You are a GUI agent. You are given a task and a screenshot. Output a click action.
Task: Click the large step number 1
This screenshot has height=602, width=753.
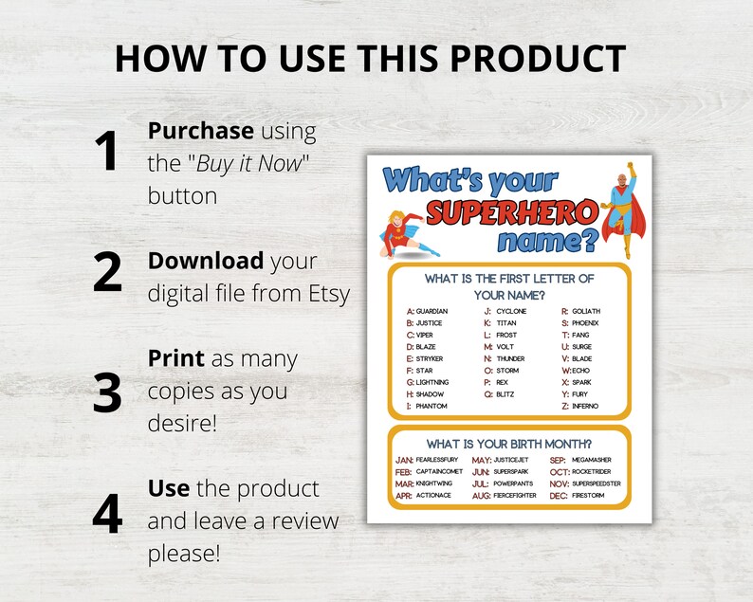[x=108, y=153]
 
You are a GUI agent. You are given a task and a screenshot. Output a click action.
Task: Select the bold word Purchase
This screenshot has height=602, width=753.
[x=201, y=131]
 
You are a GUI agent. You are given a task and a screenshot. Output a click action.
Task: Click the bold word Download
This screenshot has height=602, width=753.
[x=206, y=260]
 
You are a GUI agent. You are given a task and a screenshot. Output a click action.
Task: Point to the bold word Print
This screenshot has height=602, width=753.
[x=175, y=359]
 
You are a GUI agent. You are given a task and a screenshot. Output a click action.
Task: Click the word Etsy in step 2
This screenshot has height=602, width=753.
[x=325, y=294]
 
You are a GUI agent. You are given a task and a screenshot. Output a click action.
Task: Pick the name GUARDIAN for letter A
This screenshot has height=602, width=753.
[x=432, y=311]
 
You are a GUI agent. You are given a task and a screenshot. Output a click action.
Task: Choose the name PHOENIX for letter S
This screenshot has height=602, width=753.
[x=586, y=323]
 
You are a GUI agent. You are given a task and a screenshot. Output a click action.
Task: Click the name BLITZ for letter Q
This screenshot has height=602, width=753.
[x=505, y=394]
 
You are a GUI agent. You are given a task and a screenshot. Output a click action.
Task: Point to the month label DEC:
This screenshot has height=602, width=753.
[x=559, y=495]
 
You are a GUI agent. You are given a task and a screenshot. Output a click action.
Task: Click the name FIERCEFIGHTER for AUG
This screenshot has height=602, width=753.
[x=515, y=495]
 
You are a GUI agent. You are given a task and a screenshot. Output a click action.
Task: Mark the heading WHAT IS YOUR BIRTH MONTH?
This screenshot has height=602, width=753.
[x=509, y=443]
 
